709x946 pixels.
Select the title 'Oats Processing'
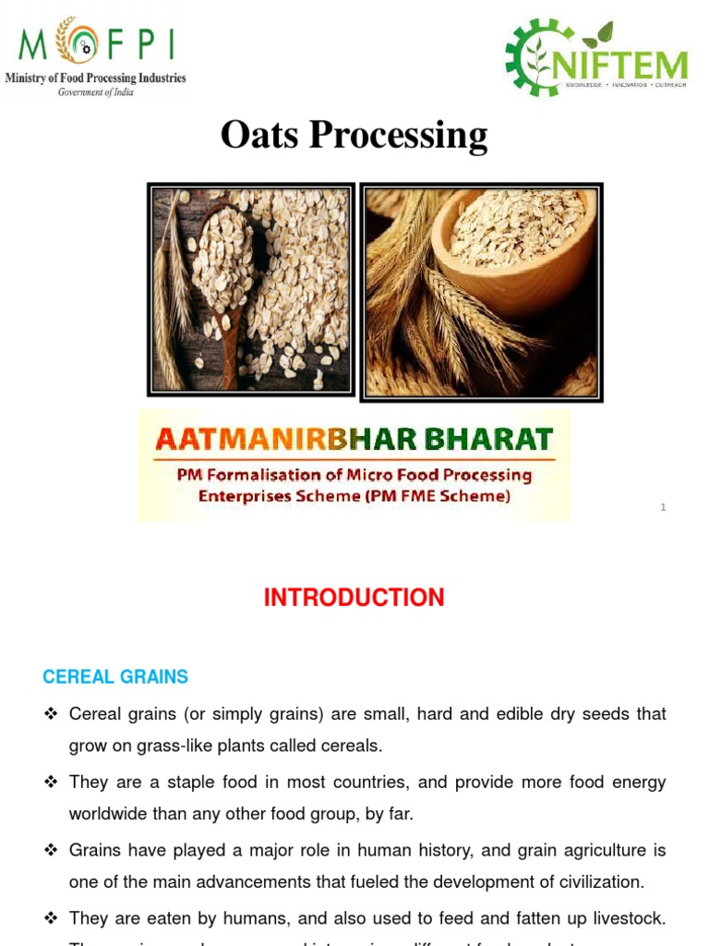[x=354, y=135]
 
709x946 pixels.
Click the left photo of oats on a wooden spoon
[x=250, y=288]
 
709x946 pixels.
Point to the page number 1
[x=663, y=507]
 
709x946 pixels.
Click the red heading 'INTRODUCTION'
[x=354, y=598]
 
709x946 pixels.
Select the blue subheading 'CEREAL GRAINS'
[x=115, y=677]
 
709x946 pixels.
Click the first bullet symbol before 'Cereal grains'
[x=51, y=714]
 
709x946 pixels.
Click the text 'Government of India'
[x=95, y=92]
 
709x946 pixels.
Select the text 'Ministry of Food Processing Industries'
[x=95, y=79]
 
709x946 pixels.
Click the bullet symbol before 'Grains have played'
[x=51, y=850]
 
